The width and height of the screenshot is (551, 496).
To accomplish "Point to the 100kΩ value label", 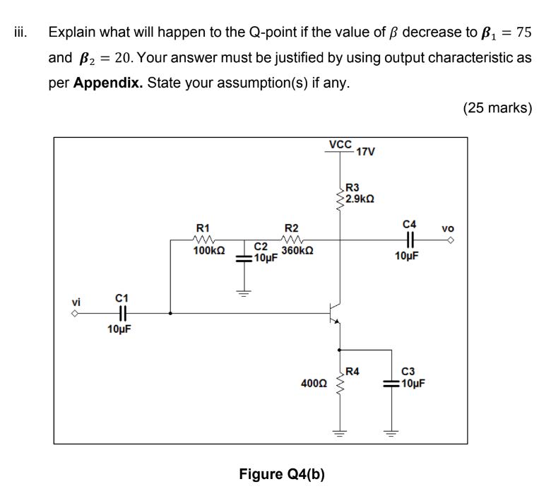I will tap(209, 251).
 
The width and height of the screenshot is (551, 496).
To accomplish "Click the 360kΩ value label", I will tap(297, 251).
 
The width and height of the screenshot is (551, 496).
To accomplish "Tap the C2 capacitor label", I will tap(261, 247).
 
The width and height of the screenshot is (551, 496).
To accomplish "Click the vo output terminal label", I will tap(448, 229).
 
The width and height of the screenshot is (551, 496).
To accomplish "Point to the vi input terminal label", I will tap(76, 302).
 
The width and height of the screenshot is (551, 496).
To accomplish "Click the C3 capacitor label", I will tap(408, 372).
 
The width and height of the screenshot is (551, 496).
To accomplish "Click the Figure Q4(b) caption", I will tap(282, 473).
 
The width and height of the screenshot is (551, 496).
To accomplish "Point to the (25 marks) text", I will tap(497, 108).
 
